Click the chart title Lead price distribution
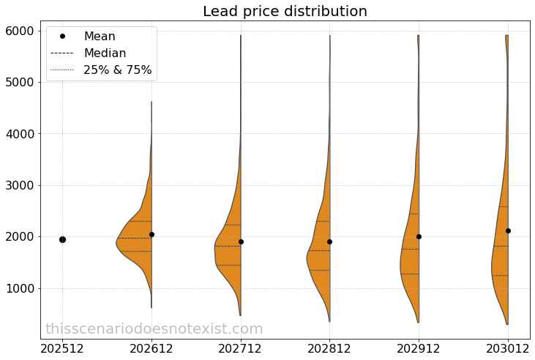[285, 12]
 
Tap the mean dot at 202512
[62, 239]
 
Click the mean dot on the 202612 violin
[151, 234]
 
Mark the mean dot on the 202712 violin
[241, 241]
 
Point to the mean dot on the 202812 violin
[329, 241]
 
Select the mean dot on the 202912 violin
[419, 236]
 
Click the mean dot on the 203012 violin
[508, 230]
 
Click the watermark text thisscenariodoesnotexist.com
[154, 329]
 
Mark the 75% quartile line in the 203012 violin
[504, 206]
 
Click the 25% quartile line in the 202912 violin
[410, 274]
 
